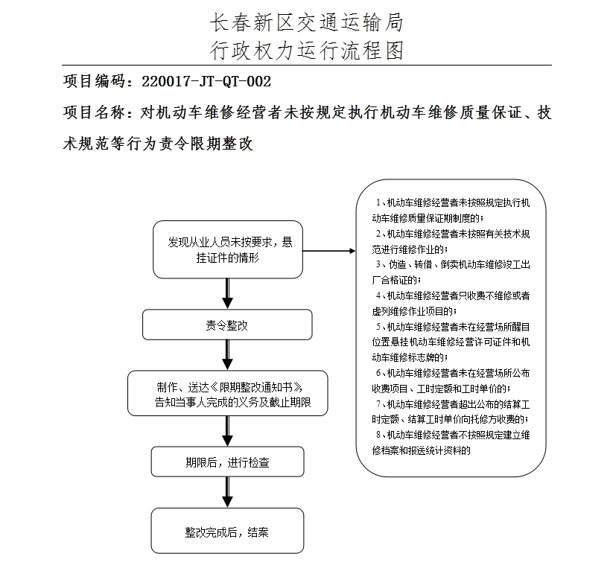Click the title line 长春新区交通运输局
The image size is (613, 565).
point(307,23)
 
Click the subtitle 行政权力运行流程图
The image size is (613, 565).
point(307,50)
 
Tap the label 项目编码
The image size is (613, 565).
point(92,81)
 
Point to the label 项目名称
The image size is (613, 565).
point(92,112)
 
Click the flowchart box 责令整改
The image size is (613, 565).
point(227,325)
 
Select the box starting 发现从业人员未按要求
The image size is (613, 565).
point(228,249)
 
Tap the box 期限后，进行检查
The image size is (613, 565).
point(228,462)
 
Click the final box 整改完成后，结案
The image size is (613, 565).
point(228,532)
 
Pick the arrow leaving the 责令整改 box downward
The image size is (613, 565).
point(228,356)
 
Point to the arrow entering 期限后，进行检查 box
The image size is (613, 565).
point(228,432)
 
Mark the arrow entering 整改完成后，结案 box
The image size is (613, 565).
point(228,494)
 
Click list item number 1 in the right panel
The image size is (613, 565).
point(450,210)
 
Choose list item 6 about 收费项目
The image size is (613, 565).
point(450,380)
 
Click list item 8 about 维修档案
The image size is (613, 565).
point(450,442)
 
